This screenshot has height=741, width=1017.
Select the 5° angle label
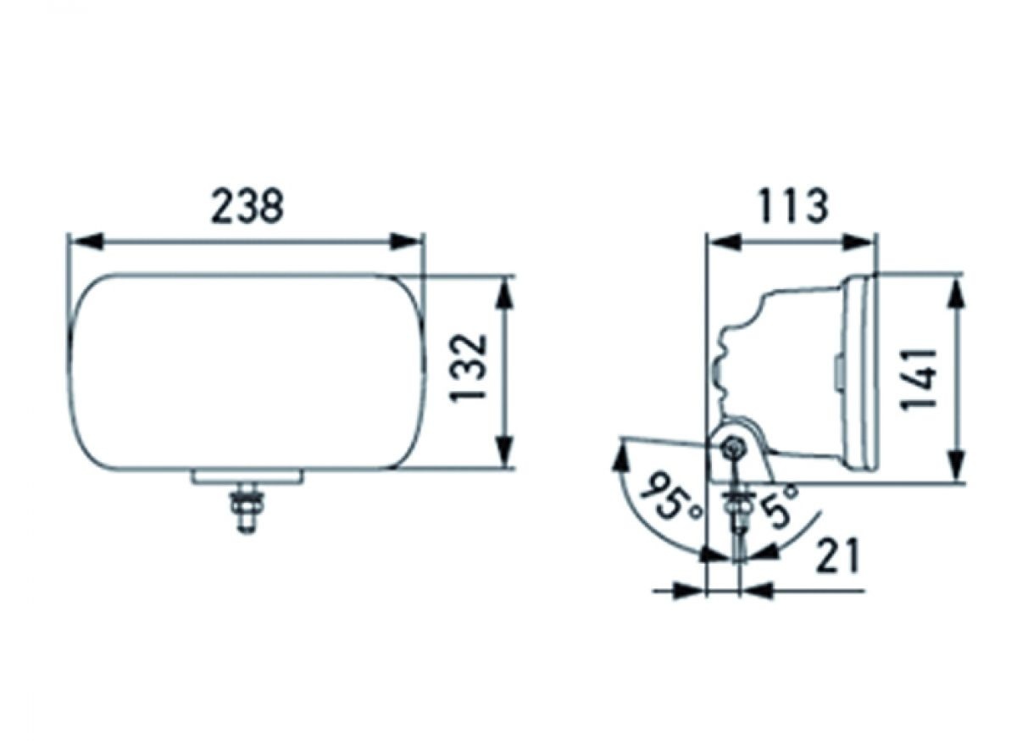[x=778, y=504]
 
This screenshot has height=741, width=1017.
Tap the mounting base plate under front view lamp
[x=247, y=477]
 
